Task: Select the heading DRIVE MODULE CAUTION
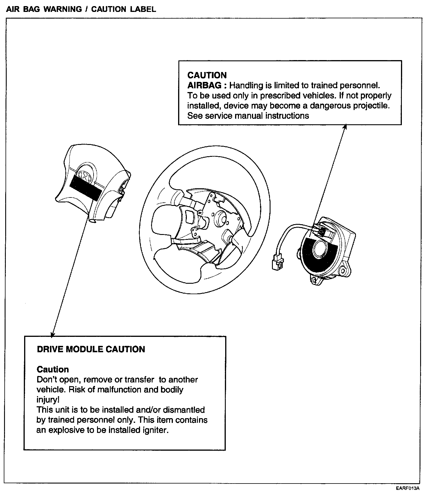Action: click(x=91, y=349)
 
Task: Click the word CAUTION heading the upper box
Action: click(x=207, y=75)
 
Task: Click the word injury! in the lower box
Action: click(x=48, y=400)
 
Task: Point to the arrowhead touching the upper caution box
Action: click(x=345, y=127)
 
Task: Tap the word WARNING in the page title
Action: click(x=63, y=9)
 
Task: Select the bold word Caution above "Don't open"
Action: click(x=53, y=369)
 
